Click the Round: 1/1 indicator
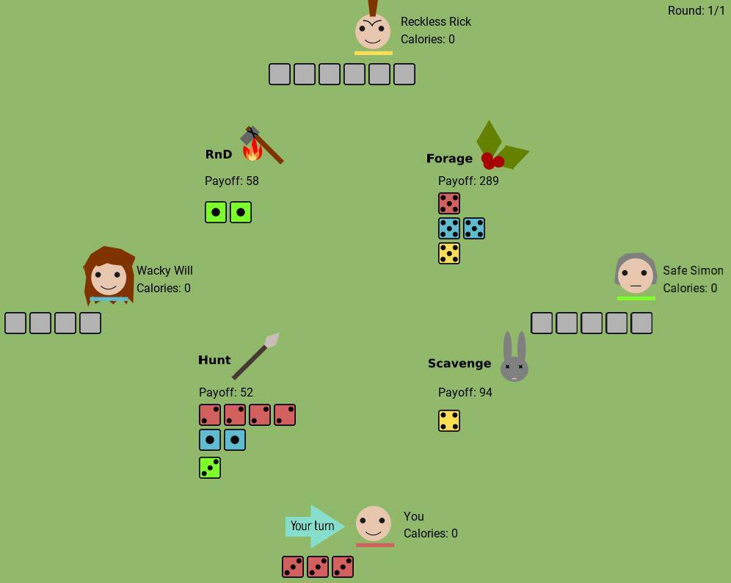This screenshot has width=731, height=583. [x=696, y=10]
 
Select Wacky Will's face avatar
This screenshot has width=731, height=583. [x=109, y=275]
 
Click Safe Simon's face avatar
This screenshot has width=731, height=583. [x=636, y=274]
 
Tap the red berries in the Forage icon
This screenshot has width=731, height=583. [x=492, y=161]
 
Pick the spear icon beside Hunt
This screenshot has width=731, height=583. [x=255, y=356]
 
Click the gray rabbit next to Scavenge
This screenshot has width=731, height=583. [x=514, y=357]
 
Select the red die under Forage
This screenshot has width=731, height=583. [x=449, y=203]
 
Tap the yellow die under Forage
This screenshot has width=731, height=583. [x=449, y=253]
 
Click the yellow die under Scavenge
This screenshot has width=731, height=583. [x=449, y=421]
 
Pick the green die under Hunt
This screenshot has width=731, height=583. [x=210, y=468]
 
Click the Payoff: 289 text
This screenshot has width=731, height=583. [x=468, y=181]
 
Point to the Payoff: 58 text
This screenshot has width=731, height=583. [x=232, y=181]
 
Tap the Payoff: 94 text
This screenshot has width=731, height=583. [x=465, y=392]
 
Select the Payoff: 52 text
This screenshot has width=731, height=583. [x=225, y=392]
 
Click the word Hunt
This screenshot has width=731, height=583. [x=214, y=360]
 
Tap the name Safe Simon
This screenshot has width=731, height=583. [x=694, y=270]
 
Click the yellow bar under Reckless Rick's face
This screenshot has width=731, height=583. [x=374, y=53]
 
